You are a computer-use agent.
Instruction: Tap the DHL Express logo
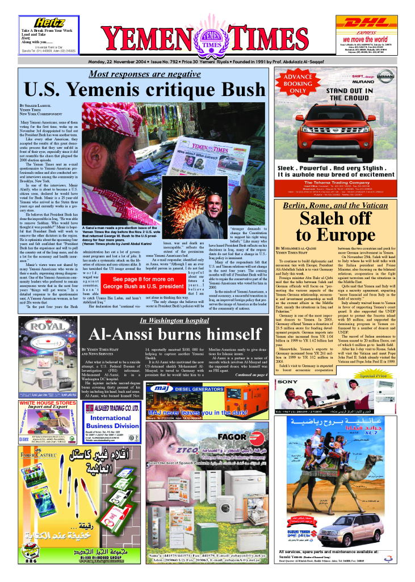point(366,23)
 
